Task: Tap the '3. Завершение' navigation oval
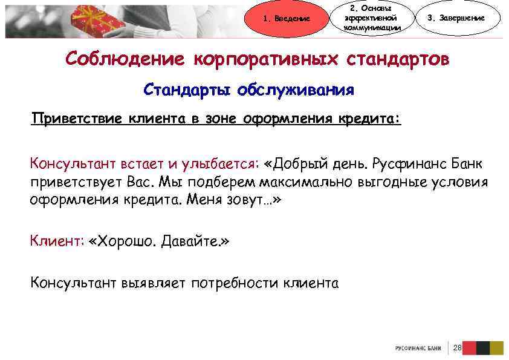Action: coord(464,18)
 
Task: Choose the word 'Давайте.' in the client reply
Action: coord(196,241)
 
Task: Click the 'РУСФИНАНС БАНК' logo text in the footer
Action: coord(418,349)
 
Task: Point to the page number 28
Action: coord(456,348)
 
